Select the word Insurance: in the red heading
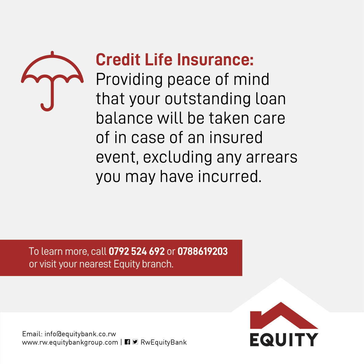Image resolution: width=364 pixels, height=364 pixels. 215,60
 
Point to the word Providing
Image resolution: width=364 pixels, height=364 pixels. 129,80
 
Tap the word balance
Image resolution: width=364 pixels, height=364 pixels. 124,118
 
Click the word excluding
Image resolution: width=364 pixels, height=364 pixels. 178,157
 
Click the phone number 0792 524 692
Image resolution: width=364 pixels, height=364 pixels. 136,251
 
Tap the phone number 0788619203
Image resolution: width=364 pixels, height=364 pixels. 202,251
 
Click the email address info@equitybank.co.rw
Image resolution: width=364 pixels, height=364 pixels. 80,334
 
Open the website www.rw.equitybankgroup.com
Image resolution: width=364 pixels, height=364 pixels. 70,342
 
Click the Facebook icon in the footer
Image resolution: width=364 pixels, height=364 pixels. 127,342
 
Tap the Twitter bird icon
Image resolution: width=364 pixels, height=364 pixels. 135,342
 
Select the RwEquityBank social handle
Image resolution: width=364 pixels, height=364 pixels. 163,342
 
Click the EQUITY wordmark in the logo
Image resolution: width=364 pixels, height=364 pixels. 284,339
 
